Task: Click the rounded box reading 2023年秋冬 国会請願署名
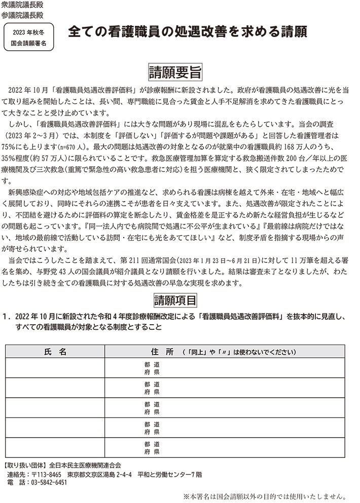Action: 28,38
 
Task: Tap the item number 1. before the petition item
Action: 7,317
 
